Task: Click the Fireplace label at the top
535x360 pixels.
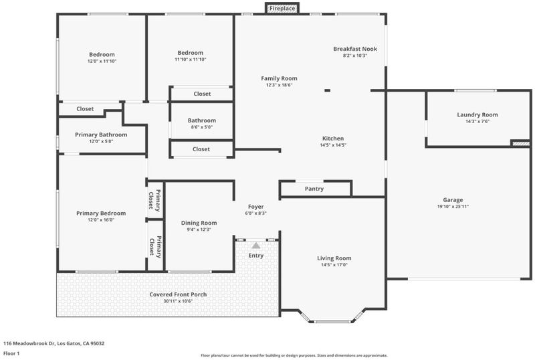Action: pyautogui.click(x=282, y=9)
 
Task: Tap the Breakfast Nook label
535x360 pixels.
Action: pyautogui.click(x=355, y=49)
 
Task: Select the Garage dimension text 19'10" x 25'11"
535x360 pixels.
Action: pyautogui.click(x=453, y=206)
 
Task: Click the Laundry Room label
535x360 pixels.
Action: pyautogui.click(x=477, y=115)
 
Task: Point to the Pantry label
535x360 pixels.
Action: pyautogui.click(x=314, y=189)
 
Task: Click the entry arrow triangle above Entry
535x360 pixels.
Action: pyautogui.click(x=256, y=245)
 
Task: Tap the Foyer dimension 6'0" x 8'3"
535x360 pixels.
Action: pyautogui.click(x=255, y=213)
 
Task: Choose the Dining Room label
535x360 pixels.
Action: pyautogui.click(x=199, y=223)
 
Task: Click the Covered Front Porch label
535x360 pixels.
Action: pyautogui.click(x=178, y=294)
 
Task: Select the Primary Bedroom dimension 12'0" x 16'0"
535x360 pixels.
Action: pyautogui.click(x=101, y=220)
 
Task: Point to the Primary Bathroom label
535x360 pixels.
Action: pyautogui.click(x=101, y=135)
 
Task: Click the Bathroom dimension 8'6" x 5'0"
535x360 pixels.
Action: pyautogui.click(x=202, y=127)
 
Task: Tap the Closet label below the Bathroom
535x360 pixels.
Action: pyautogui.click(x=201, y=149)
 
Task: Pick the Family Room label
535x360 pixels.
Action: pyautogui.click(x=279, y=78)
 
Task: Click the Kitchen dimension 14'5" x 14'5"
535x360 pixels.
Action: pyautogui.click(x=333, y=145)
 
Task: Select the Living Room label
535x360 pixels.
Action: pyautogui.click(x=334, y=258)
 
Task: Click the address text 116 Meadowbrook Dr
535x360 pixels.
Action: pyautogui.click(x=29, y=343)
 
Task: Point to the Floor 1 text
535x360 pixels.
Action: pyautogui.click(x=11, y=353)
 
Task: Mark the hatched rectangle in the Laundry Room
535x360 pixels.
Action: pyautogui.click(x=521, y=144)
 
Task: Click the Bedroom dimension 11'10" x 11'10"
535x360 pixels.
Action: pyautogui.click(x=191, y=60)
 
